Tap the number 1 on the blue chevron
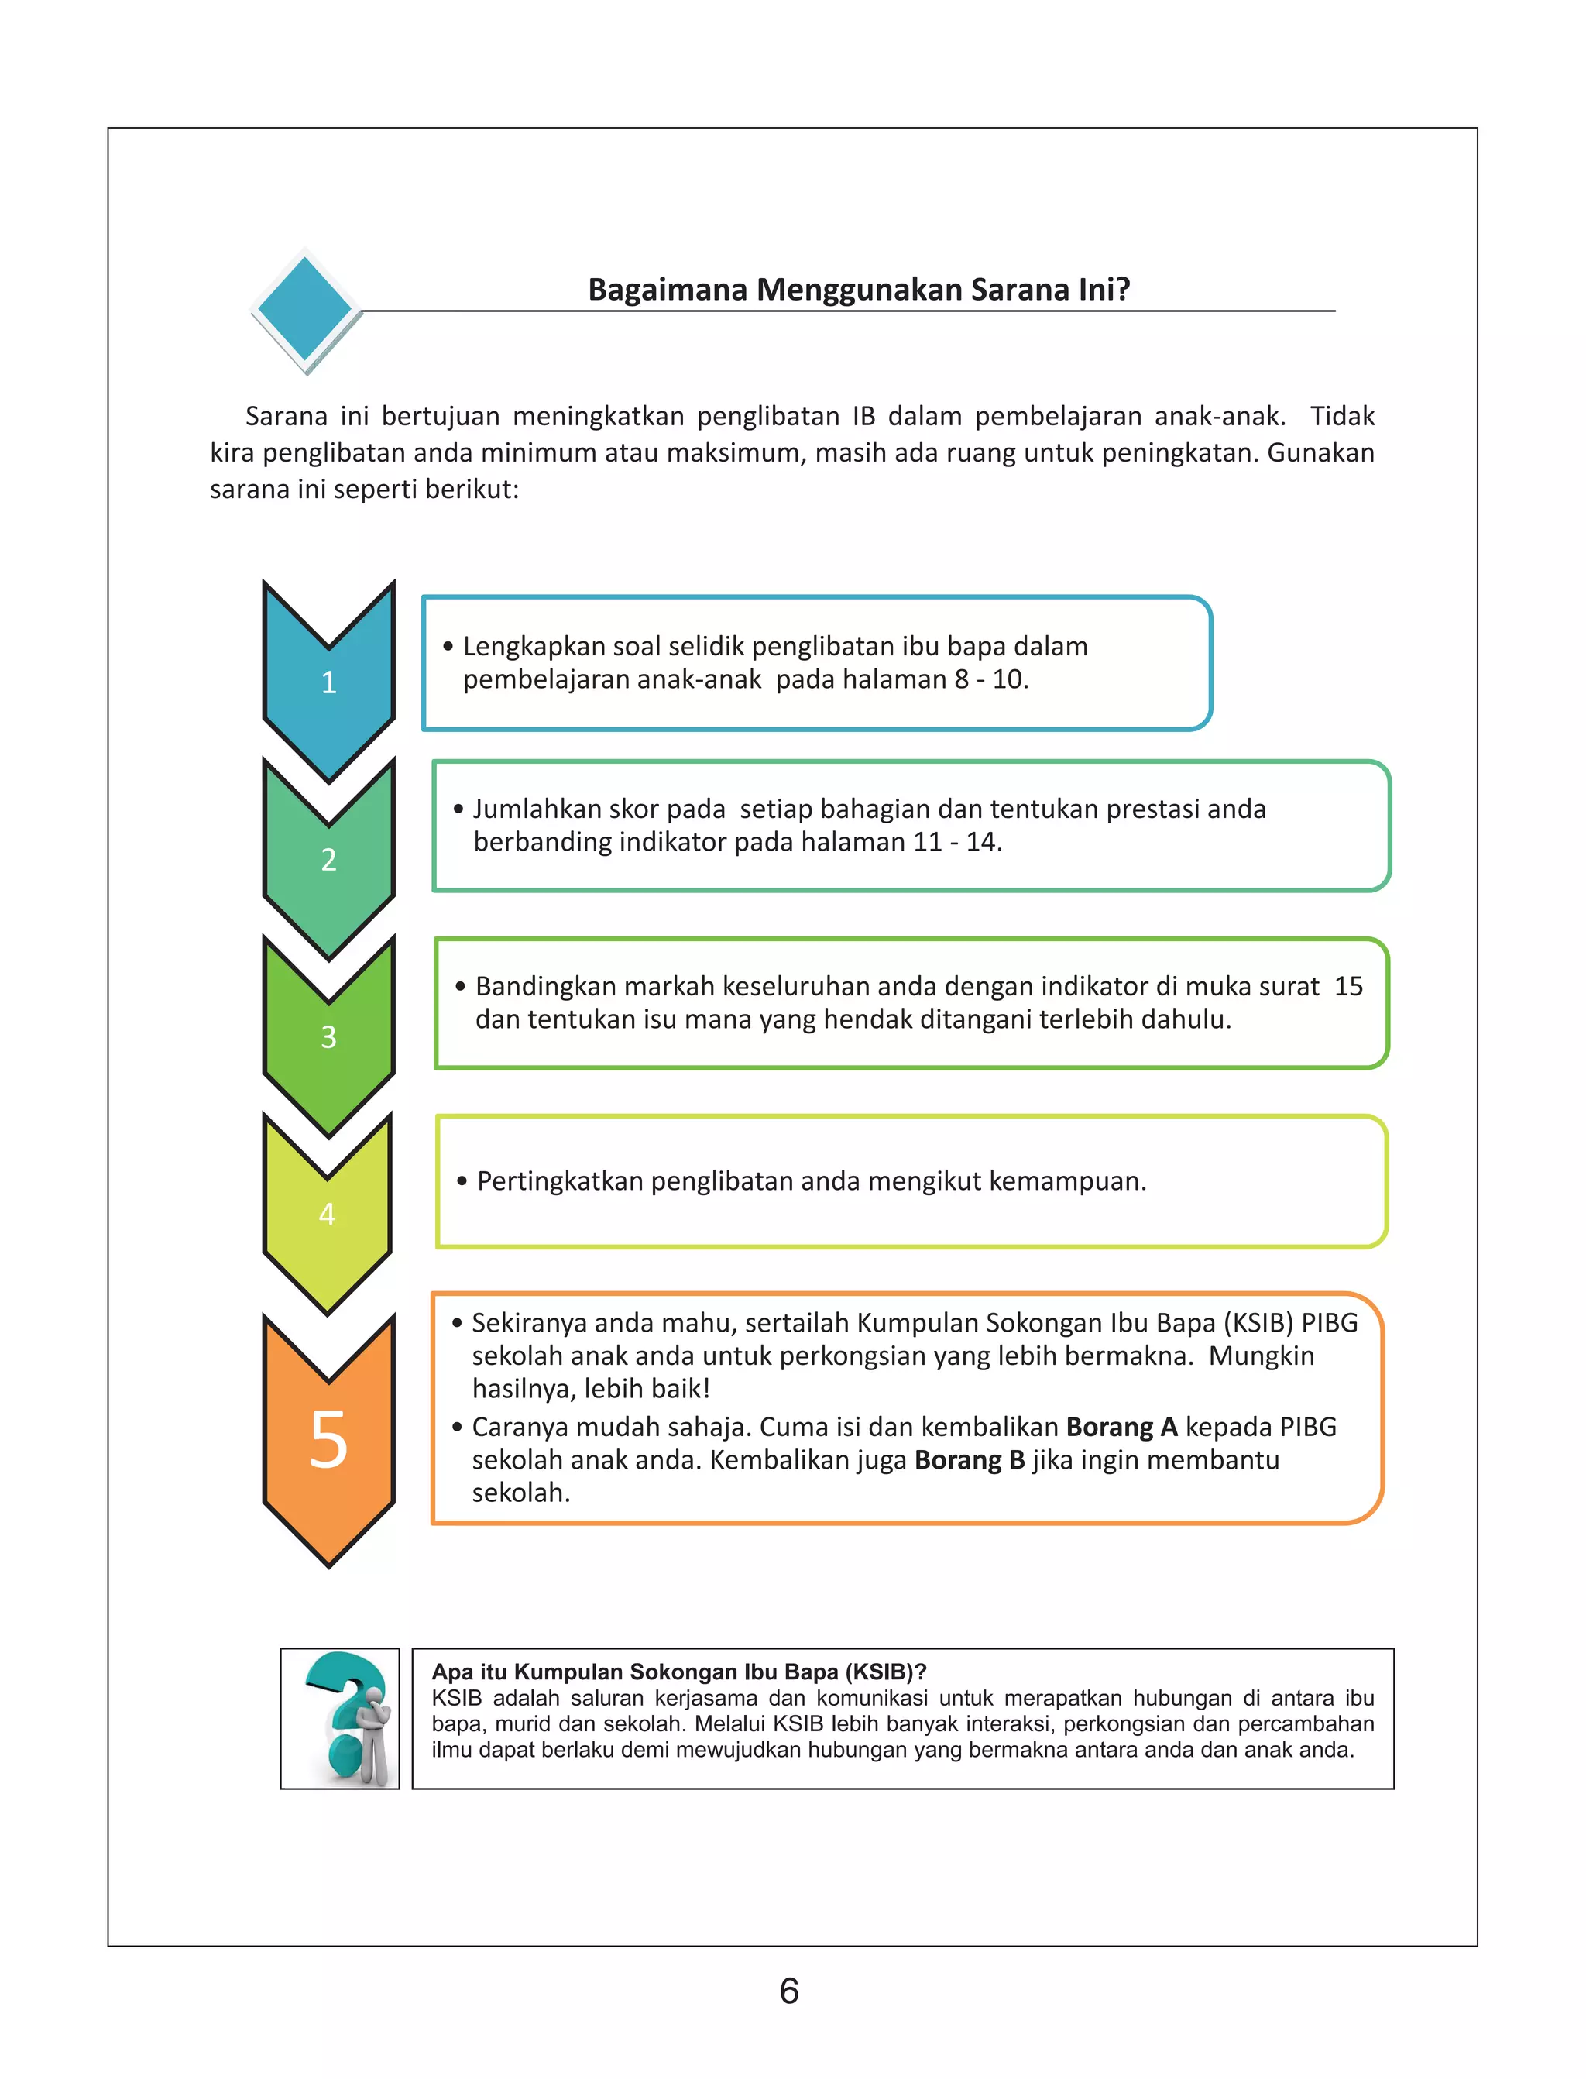click(328, 682)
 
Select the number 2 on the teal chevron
click(328, 859)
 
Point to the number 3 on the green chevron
click(328, 1036)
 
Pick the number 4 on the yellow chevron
click(328, 1214)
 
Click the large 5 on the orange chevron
click(328, 1439)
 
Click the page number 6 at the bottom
click(789, 1991)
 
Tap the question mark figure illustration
click(341, 1718)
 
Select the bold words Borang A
click(1121, 1427)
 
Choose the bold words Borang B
click(970, 1459)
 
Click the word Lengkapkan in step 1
click(534, 647)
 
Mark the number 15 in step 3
click(1348, 987)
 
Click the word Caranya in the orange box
click(517, 1427)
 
